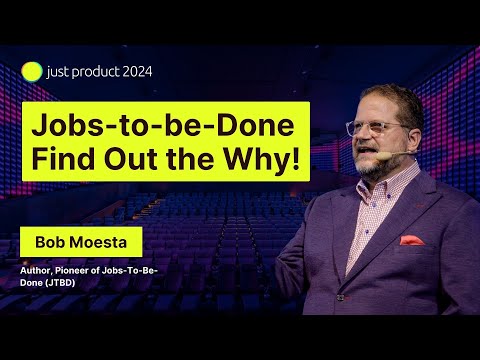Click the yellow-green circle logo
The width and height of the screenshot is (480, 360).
pos(32,72)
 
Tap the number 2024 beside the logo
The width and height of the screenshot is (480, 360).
pos(137,72)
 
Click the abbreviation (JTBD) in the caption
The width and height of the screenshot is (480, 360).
pos(61,283)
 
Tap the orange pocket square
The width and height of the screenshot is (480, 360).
pos(412,240)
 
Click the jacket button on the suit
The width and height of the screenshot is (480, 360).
pos(340,297)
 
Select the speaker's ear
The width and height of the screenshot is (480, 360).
pos(415,137)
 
